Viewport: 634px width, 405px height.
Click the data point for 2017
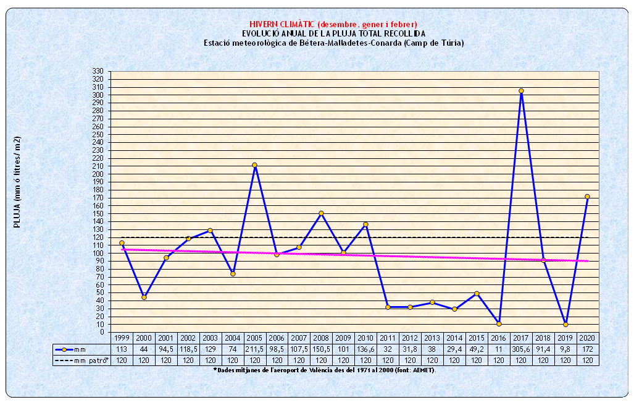(521, 91)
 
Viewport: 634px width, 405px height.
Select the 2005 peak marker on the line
(254, 165)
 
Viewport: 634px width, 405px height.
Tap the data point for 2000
(144, 297)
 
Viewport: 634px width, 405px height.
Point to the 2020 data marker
(587, 197)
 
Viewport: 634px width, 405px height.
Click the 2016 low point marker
(499, 323)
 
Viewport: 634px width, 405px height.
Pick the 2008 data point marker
(321, 213)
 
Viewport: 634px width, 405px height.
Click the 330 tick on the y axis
(97, 72)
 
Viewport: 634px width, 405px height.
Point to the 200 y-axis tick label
(97, 174)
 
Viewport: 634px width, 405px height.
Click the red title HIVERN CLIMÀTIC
(333, 24)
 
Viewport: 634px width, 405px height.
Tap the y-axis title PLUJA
(17, 183)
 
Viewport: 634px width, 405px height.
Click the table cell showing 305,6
(521, 349)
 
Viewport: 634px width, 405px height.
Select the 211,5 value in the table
(254, 349)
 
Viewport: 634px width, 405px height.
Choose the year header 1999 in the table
(122, 339)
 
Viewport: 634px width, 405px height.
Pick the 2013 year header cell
(432, 339)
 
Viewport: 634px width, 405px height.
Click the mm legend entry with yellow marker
(74, 349)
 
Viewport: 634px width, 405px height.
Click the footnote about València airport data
(324, 370)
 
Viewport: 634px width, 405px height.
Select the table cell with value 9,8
(565, 349)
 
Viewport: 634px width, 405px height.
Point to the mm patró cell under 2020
(587, 360)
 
